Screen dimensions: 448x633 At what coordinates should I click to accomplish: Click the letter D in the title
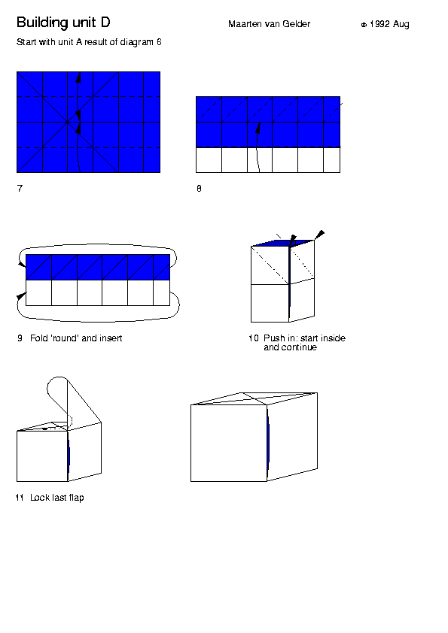pyautogui.click(x=105, y=23)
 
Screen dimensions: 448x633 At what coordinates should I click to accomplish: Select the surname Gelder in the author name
pyautogui.click(x=297, y=24)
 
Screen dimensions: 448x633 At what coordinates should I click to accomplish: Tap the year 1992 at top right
pyautogui.click(x=379, y=24)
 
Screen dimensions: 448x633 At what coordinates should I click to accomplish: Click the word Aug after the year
pyautogui.click(x=401, y=25)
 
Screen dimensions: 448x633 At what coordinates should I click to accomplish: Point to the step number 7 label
pyautogui.click(x=20, y=188)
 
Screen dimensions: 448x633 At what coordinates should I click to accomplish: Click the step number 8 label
pyautogui.click(x=199, y=189)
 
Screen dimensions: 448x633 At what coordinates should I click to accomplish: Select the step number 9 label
pyautogui.click(x=20, y=338)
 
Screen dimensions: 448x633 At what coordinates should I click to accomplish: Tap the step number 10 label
pyautogui.click(x=254, y=338)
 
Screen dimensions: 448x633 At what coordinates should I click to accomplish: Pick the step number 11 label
pyautogui.click(x=20, y=498)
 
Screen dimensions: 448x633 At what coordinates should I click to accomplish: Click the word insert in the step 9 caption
pyautogui.click(x=110, y=338)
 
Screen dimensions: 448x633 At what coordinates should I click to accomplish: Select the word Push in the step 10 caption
pyautogui.click(x=273, y=338)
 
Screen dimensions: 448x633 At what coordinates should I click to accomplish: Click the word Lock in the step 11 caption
pyautogui.click(x=40, y=498)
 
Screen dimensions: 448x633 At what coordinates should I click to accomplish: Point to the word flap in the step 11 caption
pyautogui.click(x=76, y=498)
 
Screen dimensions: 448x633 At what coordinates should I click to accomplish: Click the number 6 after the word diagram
pyautogui.click(x=159, y=42)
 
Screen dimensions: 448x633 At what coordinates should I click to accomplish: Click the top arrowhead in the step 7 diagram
pyautogui.click(x=79, y=77)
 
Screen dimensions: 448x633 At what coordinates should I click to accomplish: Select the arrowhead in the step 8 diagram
pyautogui.click(x=258, y=128)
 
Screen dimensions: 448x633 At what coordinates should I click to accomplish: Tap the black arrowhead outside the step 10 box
pyautogui.click(x=320, y=234)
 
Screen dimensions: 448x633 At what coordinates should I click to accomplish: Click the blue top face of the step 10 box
pyautogui.click(x=282, y=243)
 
